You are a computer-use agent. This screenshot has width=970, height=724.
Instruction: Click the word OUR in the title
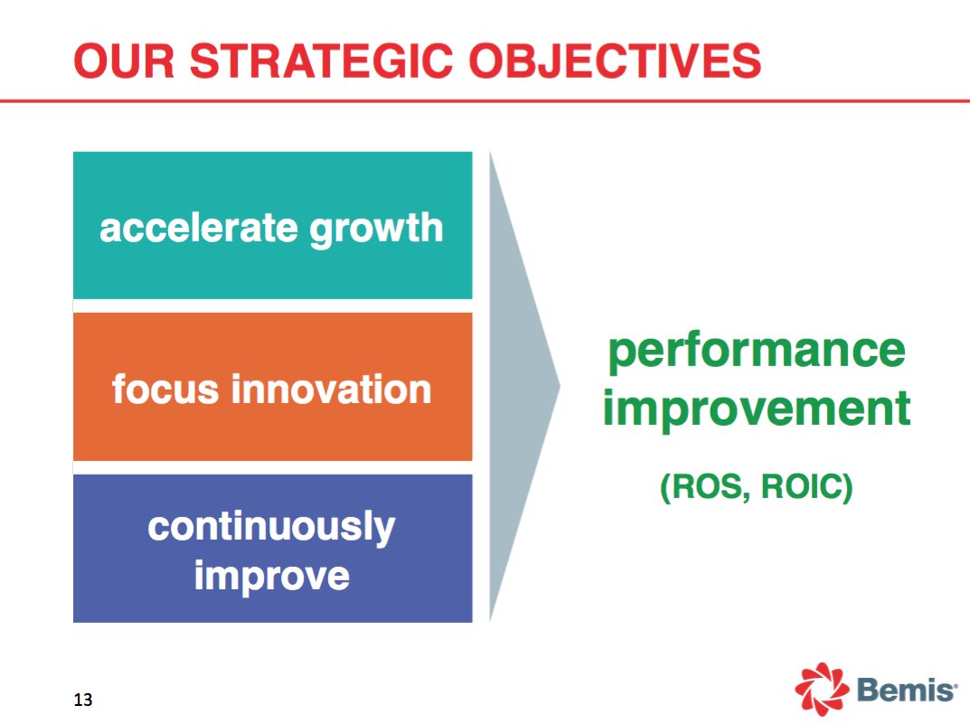click(x=124, y=61)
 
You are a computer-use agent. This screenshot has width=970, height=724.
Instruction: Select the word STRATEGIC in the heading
click(x=322, y=61)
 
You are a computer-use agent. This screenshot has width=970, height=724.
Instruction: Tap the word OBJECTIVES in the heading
click(x=615, y=61)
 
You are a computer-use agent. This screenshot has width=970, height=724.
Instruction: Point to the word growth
click(x=376, y=230)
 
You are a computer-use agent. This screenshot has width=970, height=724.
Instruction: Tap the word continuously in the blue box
click(x=271, y=527)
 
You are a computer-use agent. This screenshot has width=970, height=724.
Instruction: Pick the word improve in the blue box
click(x=272, y=577)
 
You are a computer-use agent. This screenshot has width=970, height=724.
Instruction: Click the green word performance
click(x=757, y=353)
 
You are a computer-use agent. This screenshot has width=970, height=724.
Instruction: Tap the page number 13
click(x=83, y=700)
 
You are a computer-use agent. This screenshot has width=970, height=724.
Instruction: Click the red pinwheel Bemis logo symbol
click(x=822, y=689)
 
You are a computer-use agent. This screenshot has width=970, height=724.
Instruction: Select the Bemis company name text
click(x=907, y=690)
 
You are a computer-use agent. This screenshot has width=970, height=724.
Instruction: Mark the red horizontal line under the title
click(x=485, y=100)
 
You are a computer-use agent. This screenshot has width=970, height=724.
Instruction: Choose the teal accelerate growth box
click(x=273, y=226)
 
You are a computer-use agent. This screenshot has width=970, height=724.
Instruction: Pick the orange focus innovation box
click(x=273, y=387)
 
